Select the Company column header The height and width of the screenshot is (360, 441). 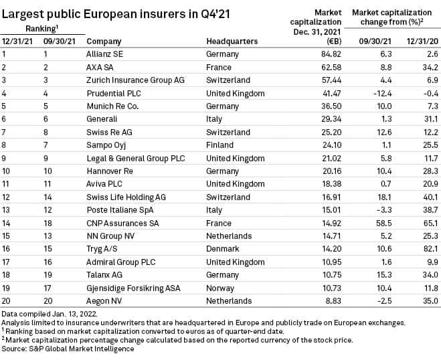click(x=104, y=41)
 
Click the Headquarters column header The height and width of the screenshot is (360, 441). click(x=232, y=41)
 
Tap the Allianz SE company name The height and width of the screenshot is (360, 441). click(x=109, y=54)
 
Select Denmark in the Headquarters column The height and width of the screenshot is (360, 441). click(x=224, y=246)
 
